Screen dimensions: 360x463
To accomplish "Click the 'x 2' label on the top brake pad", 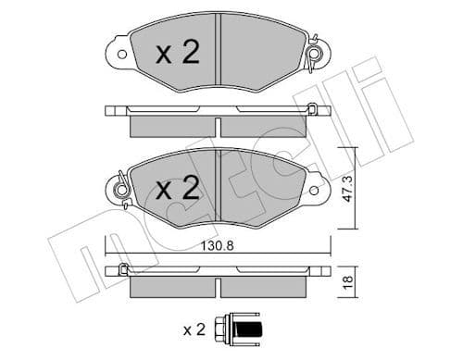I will pos(178,54).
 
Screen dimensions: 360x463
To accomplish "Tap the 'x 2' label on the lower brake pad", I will pos(178,190).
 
